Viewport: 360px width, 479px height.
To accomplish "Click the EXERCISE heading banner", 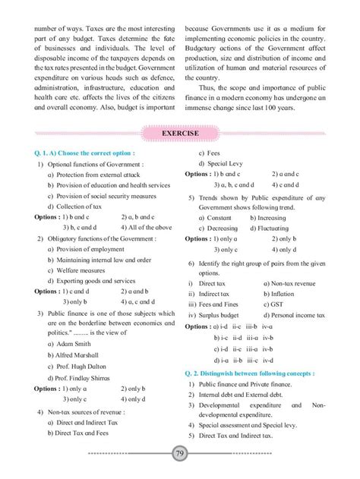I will point(179,134).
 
